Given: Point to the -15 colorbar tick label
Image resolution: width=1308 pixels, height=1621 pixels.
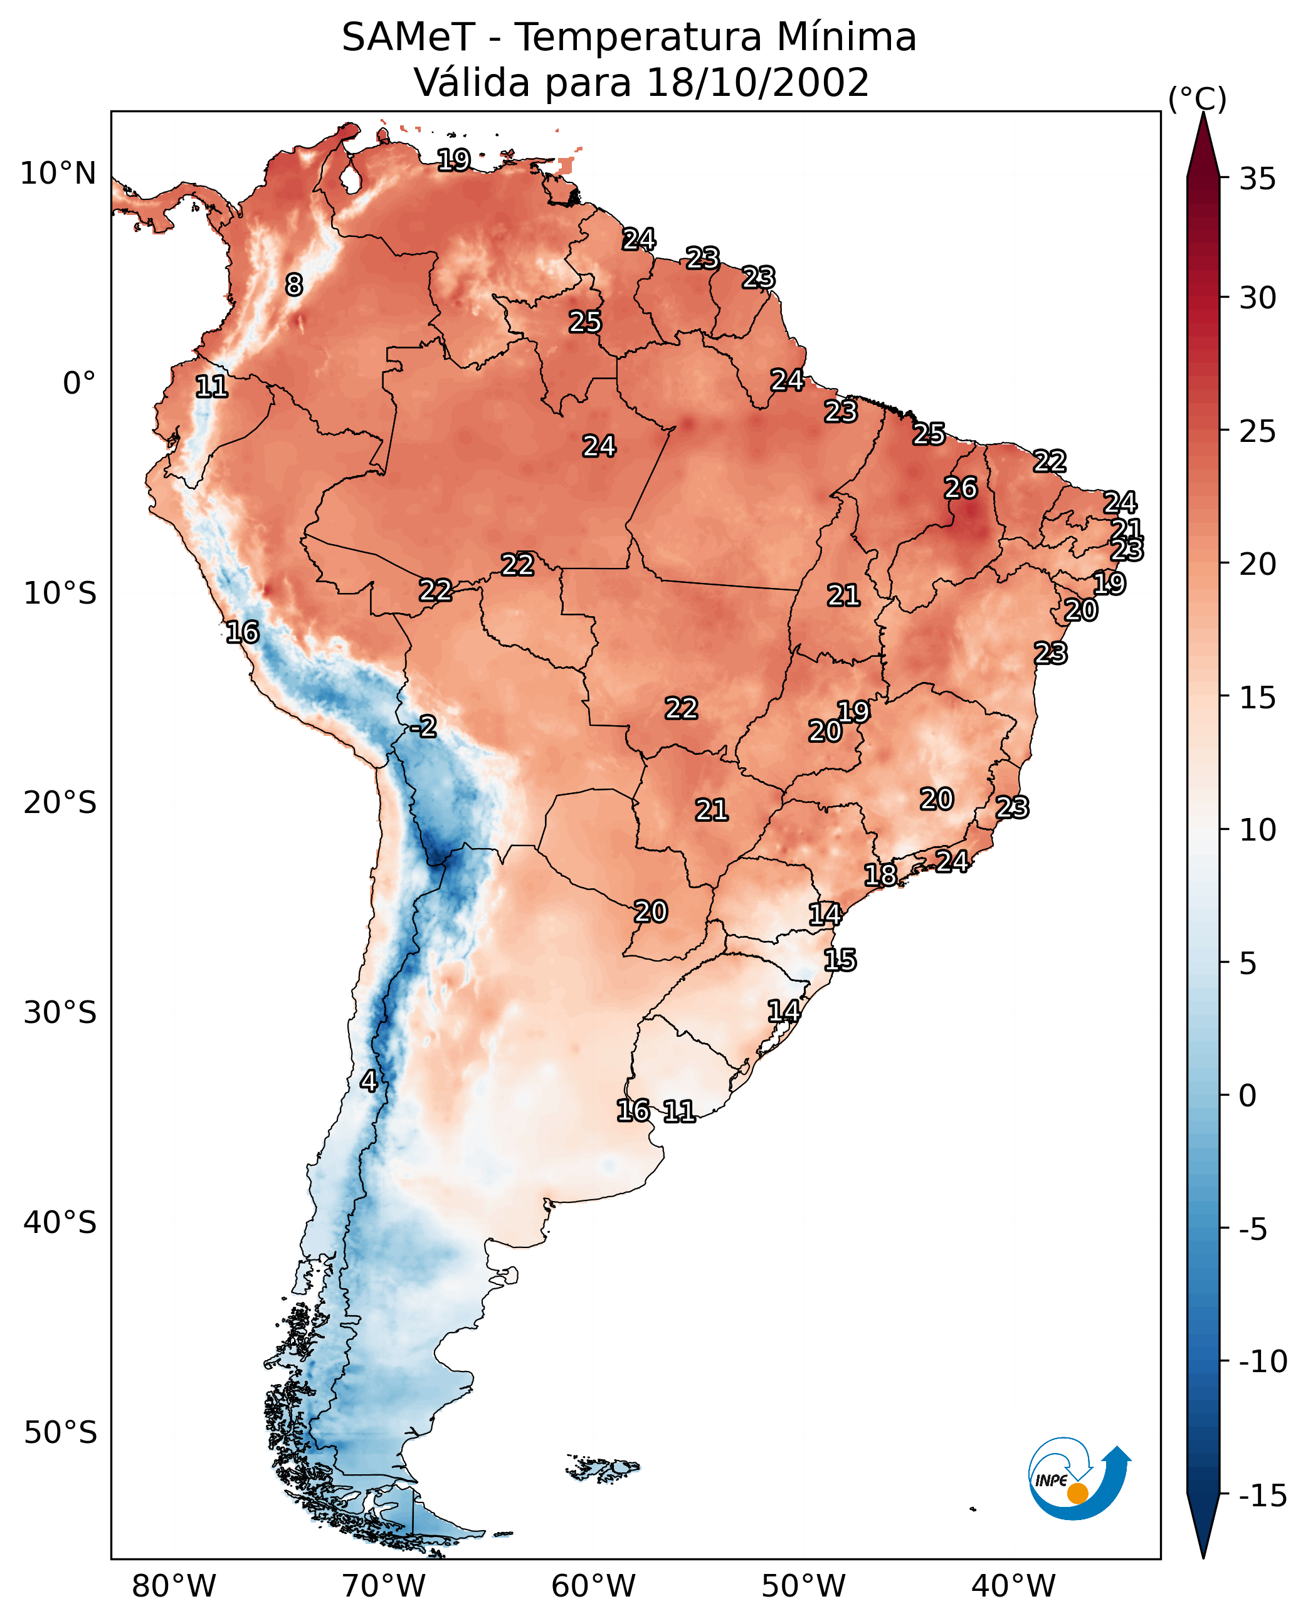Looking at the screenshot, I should coord(1262,1495).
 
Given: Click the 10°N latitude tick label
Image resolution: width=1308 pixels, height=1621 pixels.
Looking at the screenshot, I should coord(58,174).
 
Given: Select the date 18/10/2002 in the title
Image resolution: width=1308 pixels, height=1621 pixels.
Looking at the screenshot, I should coord(757,82).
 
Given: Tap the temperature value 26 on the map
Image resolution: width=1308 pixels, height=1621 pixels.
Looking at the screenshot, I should coord(961,488).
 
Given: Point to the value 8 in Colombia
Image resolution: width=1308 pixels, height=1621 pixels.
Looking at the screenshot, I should coord(294,285).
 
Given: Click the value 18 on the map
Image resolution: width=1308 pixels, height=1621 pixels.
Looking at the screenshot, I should coord(880,874).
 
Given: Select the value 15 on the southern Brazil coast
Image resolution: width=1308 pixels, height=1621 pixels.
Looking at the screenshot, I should coord(840,960).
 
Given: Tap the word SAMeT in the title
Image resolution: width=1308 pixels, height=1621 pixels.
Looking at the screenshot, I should coord(408,37).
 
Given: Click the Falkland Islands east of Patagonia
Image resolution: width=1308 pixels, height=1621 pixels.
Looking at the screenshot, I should coord(603,1468).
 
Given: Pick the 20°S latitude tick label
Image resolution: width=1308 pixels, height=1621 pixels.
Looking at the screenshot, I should coord(60,803).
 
